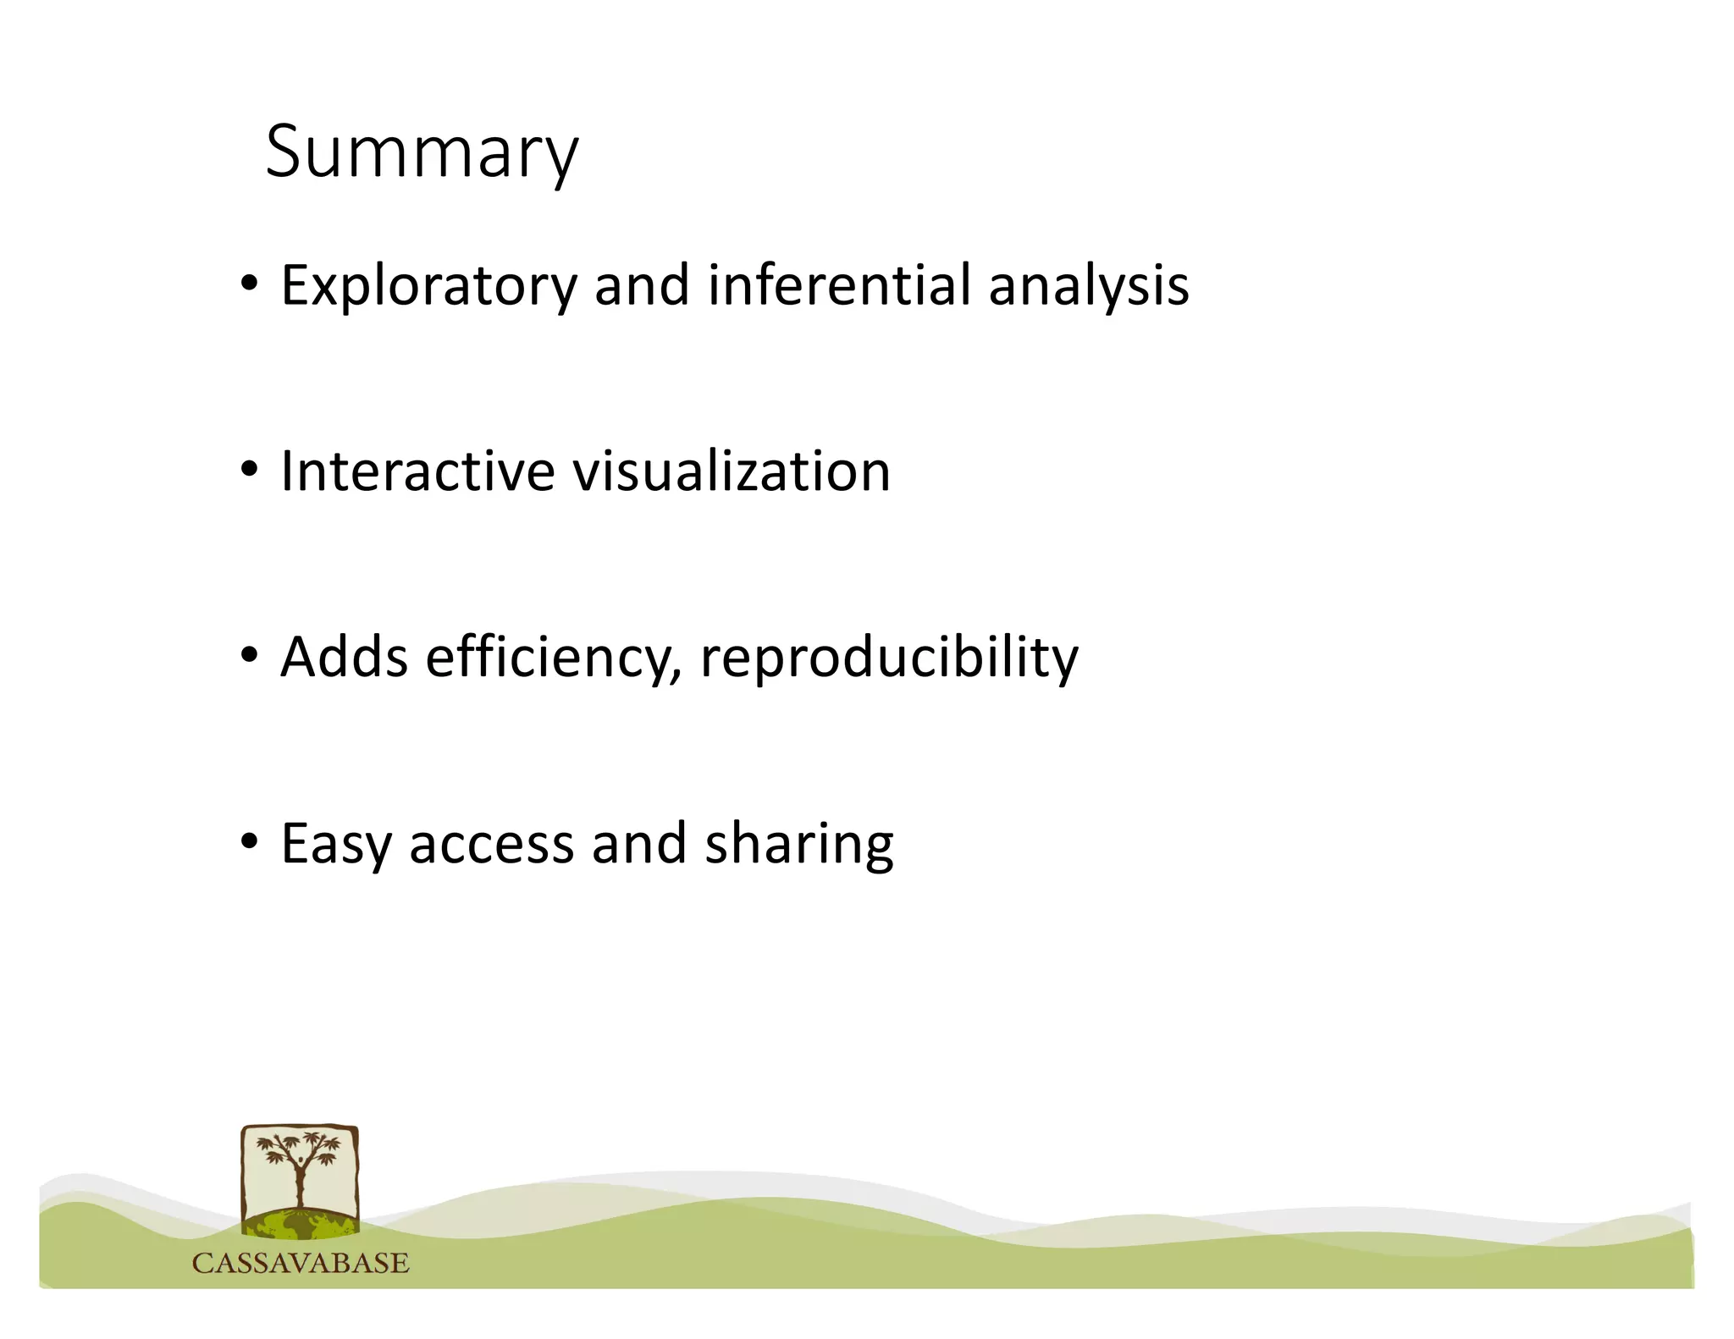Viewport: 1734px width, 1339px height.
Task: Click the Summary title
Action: pyautogui.click(x=422, y=152)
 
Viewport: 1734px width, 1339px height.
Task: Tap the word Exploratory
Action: pyautogui.click(x=428, y=286)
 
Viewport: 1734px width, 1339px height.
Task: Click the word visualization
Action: pyautogui.click(x=732, y=471)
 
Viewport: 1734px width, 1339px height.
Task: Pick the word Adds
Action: pyautogui.click(x=344, y=657)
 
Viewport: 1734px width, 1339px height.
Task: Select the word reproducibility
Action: pyautogui.click(x=889, y=658)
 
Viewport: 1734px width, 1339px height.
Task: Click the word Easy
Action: pyautogui.click(x=335, y=845)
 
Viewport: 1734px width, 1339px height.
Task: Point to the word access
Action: pyautogui.click(x=491, y=845)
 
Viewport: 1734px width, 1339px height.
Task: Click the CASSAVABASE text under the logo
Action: pyautogui.click(x=301, y=1264)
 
